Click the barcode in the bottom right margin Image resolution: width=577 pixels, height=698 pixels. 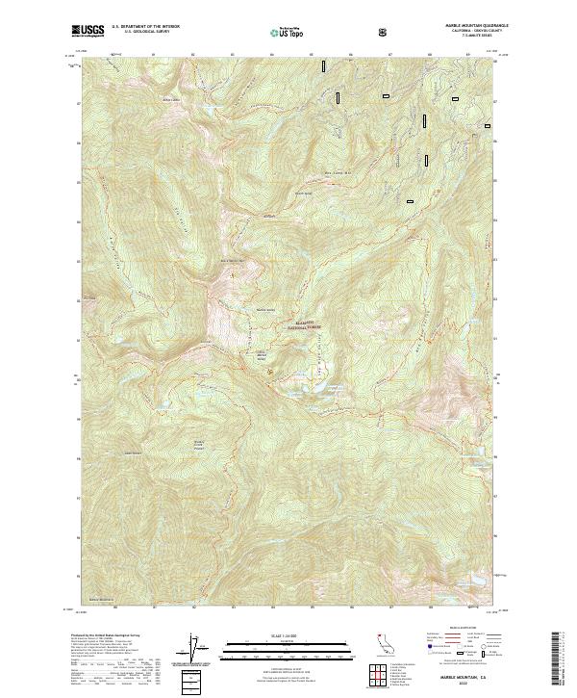coord(556,659)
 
